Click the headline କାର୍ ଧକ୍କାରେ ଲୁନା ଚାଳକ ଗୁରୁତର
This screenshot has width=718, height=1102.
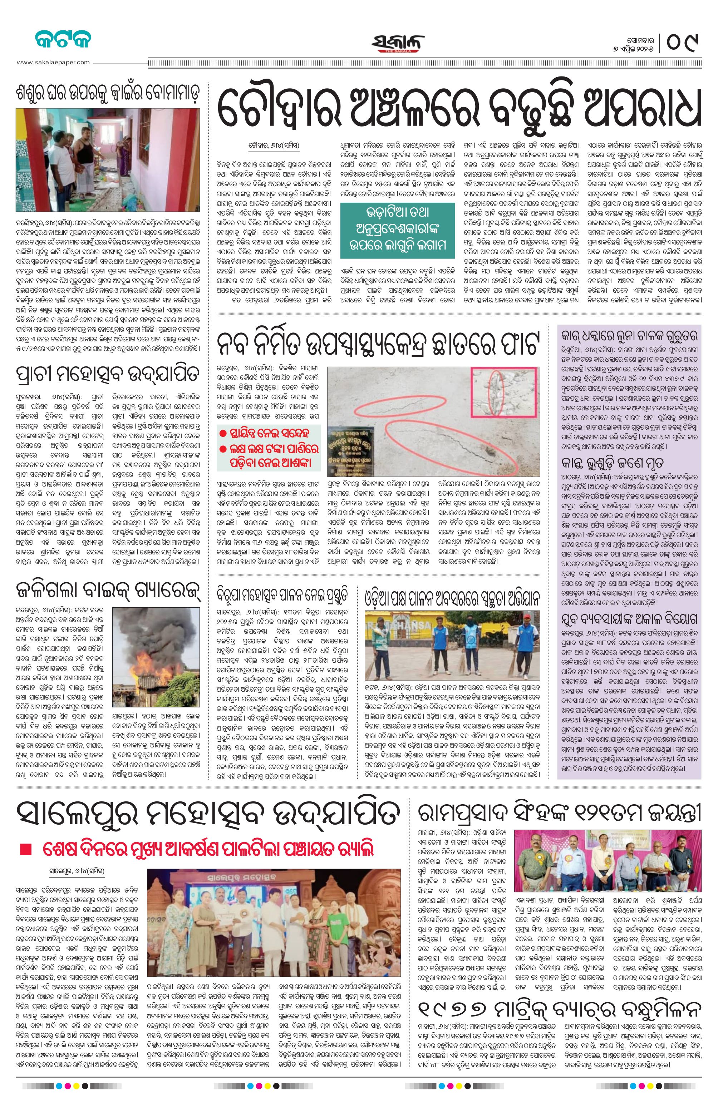click(x=629, y=336)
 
